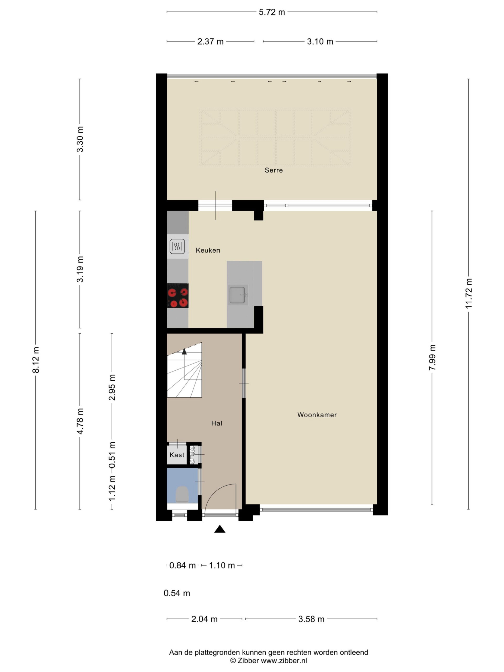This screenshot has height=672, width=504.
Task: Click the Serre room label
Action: (274, 170)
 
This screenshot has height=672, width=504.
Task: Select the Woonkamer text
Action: (317, 415)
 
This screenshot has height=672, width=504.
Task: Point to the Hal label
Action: (217, 423)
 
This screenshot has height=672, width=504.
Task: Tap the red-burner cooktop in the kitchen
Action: (178, 295)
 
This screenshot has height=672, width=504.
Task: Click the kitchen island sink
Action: (237, 295)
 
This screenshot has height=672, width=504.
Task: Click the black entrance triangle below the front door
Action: (220, 529)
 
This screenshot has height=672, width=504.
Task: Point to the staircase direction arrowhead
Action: (184, 351)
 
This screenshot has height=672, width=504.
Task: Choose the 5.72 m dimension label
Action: (272, 12)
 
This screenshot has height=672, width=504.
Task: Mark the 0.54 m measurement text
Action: (177, 593)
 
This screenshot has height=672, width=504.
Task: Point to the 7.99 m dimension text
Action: (432, 357)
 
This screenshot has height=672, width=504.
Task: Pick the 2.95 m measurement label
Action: (112, 387)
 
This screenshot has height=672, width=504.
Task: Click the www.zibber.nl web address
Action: (284, 660)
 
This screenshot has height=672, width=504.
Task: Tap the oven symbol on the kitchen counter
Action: (177, 246)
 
